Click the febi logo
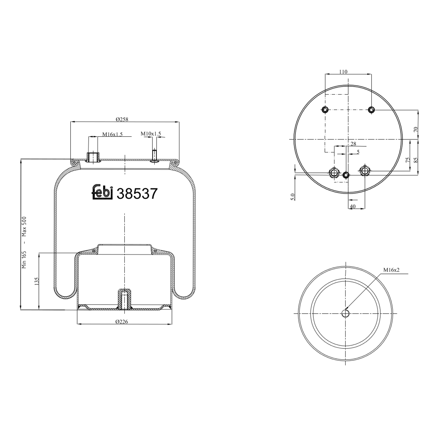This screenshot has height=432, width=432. (102, 192)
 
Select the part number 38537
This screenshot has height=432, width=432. (137, 194)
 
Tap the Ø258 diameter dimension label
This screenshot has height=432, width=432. (122, 119)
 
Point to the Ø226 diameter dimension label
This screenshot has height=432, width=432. (122, 322)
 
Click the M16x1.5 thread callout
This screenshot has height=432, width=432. (112, 134)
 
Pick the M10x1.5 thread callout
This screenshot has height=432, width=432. (151, 134)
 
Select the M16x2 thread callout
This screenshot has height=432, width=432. (391, 270)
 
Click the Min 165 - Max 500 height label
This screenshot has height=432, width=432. (24, 242)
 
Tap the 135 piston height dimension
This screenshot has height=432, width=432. (37, 281)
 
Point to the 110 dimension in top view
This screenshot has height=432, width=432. (343, 72)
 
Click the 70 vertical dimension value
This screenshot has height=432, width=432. (415, 129)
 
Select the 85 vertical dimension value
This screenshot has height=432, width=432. (415, 160)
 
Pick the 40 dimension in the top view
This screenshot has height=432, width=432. (353, 206)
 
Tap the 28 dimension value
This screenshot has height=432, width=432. (353, 144)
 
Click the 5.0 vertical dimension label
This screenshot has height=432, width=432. (293, 197)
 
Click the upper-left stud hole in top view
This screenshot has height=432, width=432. (325, 110)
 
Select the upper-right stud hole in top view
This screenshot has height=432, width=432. (372, 110)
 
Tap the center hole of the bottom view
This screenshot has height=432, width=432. (345, 314)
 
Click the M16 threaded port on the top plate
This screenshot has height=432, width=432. (93, 157)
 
